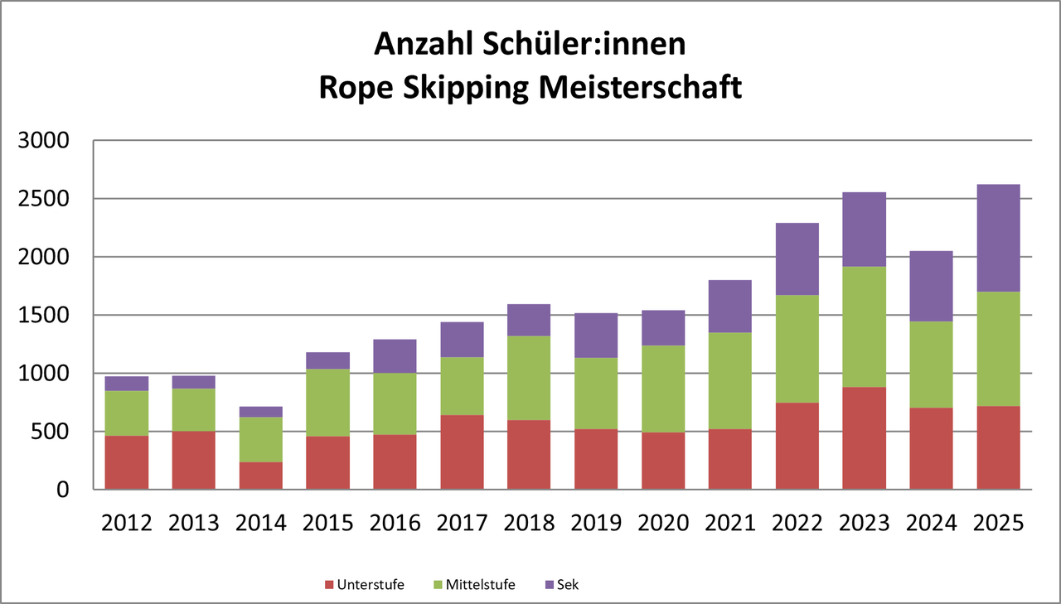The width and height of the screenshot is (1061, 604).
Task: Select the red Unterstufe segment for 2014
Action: point(261,476)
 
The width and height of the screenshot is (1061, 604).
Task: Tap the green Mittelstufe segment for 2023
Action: point(864,326)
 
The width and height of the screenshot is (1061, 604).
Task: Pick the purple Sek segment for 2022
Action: point(797,259)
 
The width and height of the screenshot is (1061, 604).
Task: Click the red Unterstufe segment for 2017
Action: point(462,452)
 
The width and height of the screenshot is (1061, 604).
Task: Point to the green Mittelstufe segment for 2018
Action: point(529,378)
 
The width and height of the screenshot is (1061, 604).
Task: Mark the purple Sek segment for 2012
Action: point(127,384)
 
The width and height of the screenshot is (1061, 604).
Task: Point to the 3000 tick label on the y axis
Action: point(46,141)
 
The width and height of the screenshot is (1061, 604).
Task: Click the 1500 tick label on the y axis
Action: point(46,316)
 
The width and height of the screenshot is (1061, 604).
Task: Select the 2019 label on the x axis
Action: point(596,523)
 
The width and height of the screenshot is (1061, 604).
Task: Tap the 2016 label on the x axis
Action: point(395,523)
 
